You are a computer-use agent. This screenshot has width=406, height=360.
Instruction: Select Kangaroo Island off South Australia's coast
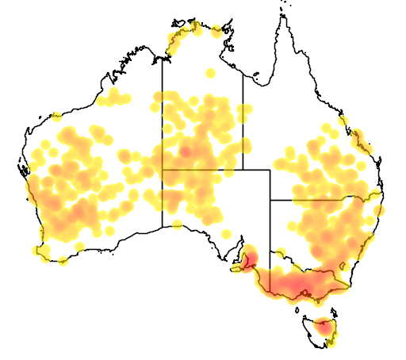coord(237,270)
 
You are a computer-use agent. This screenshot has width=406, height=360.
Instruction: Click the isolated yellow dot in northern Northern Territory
coord(210,74)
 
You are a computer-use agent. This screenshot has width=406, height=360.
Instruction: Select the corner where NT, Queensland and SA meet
coord(243,170)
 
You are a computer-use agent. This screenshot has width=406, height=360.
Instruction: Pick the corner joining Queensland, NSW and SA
coord(270,200)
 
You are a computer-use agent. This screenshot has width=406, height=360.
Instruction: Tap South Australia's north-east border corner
coord(270,170)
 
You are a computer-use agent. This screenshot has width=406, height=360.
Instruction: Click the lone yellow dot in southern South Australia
coord(226,234)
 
